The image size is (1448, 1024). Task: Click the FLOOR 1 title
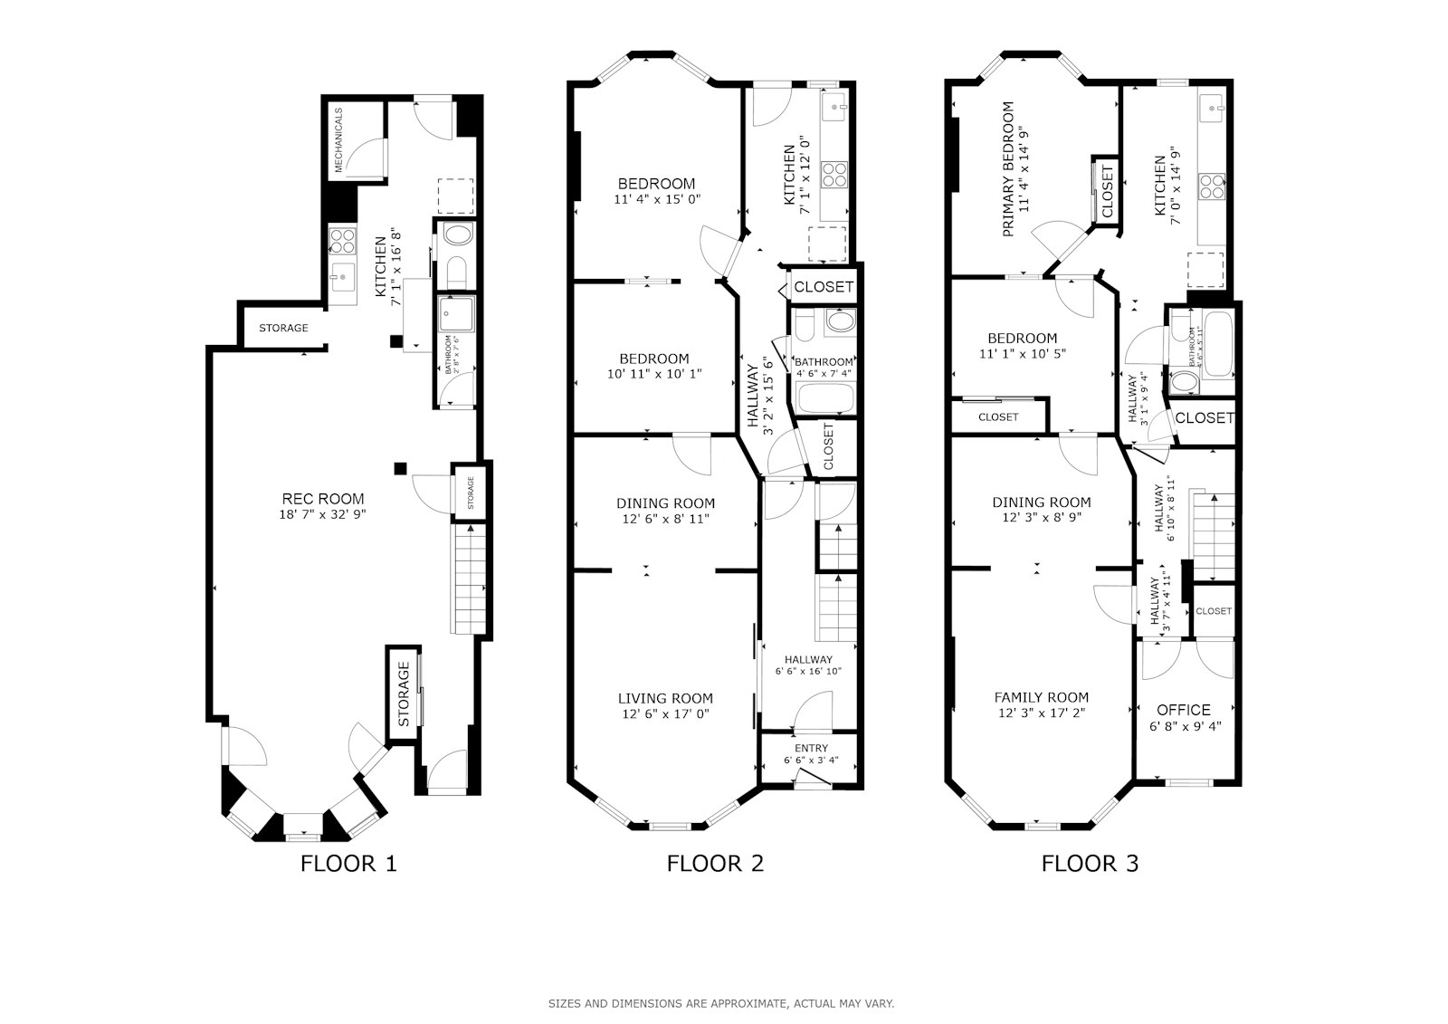point(348,863)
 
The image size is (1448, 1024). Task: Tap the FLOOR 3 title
point(1090,863)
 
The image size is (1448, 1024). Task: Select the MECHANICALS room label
point(338,140)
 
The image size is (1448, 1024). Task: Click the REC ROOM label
point(323,499)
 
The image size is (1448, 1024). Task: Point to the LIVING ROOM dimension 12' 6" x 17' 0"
point(665,713)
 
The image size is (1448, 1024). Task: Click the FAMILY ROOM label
point(1041,697)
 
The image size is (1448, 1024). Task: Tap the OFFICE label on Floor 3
point(1184,710)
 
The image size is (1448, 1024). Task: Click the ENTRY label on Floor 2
point(811,748)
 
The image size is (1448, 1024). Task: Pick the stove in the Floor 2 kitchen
point(834,172)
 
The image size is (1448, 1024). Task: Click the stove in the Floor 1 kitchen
point(342,240)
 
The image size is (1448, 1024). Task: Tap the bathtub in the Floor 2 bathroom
point(824,397)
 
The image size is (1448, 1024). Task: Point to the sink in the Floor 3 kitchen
point(1213,109)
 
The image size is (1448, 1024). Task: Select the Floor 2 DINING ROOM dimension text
point(665,519)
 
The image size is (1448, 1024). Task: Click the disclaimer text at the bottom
point(721,1003)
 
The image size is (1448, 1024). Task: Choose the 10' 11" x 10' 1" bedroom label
point(654,373)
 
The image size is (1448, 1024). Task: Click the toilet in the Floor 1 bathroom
point(456,270)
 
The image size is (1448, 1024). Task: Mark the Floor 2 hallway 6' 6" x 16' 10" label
point(808,671)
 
